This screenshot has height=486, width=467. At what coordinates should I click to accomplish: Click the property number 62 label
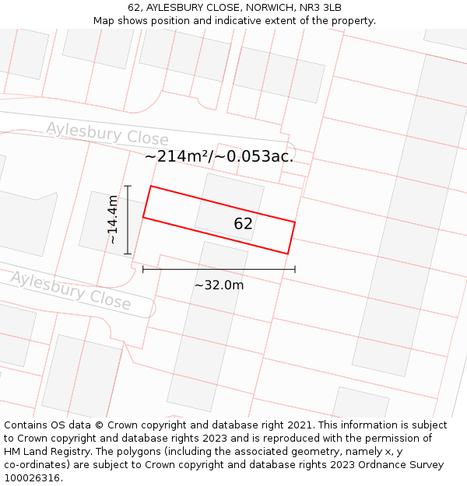pyautogui.click(x=243, y=224)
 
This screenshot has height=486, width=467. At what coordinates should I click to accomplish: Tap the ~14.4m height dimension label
pyautogui.click(x=114, y=219)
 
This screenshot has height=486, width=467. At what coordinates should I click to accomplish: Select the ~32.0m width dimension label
pyautogui.click(x=219, y=285)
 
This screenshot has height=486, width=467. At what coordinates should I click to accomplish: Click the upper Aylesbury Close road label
pyautogui.click(x=107, y=134)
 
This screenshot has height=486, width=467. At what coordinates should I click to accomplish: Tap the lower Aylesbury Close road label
pyautogui.click(x=70, y=289)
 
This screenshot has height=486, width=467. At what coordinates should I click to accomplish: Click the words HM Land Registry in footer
pyautogui.click(x=39, y=451)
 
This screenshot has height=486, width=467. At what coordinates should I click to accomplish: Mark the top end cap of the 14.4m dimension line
pyautogui.click(x=128, y=186)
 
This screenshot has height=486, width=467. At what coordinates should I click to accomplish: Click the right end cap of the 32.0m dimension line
pyautogui.click(x=295, y=269)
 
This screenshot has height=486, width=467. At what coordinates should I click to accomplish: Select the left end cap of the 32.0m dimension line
pyautogui.click(x=143, y=269)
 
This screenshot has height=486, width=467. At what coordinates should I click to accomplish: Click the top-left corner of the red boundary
pyautogui.click(x=151, y=187)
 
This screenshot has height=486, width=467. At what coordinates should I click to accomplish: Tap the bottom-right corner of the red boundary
pyautogui.click(x=287, y=253)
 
